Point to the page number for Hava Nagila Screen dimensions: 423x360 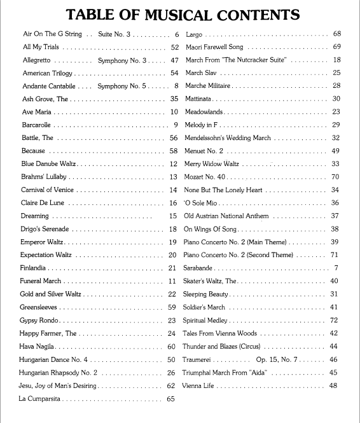pyautogui.click(x=171, y=347)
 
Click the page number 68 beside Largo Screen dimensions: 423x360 pyautogui.click(x=336, y=34)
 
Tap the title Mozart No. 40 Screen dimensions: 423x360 pyautogui.click(x=205, y=176)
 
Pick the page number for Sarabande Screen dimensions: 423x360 pyautogui.click(x=336, y=268)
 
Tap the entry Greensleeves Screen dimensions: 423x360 pyautogui.click(x=39, y=307)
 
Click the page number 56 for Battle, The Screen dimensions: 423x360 pyautogui.click(x=173, y=137)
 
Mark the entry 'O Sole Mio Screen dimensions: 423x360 pyautogui.click(x=200, y=202)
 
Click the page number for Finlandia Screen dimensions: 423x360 pyautogui.click(x=172, y=268)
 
